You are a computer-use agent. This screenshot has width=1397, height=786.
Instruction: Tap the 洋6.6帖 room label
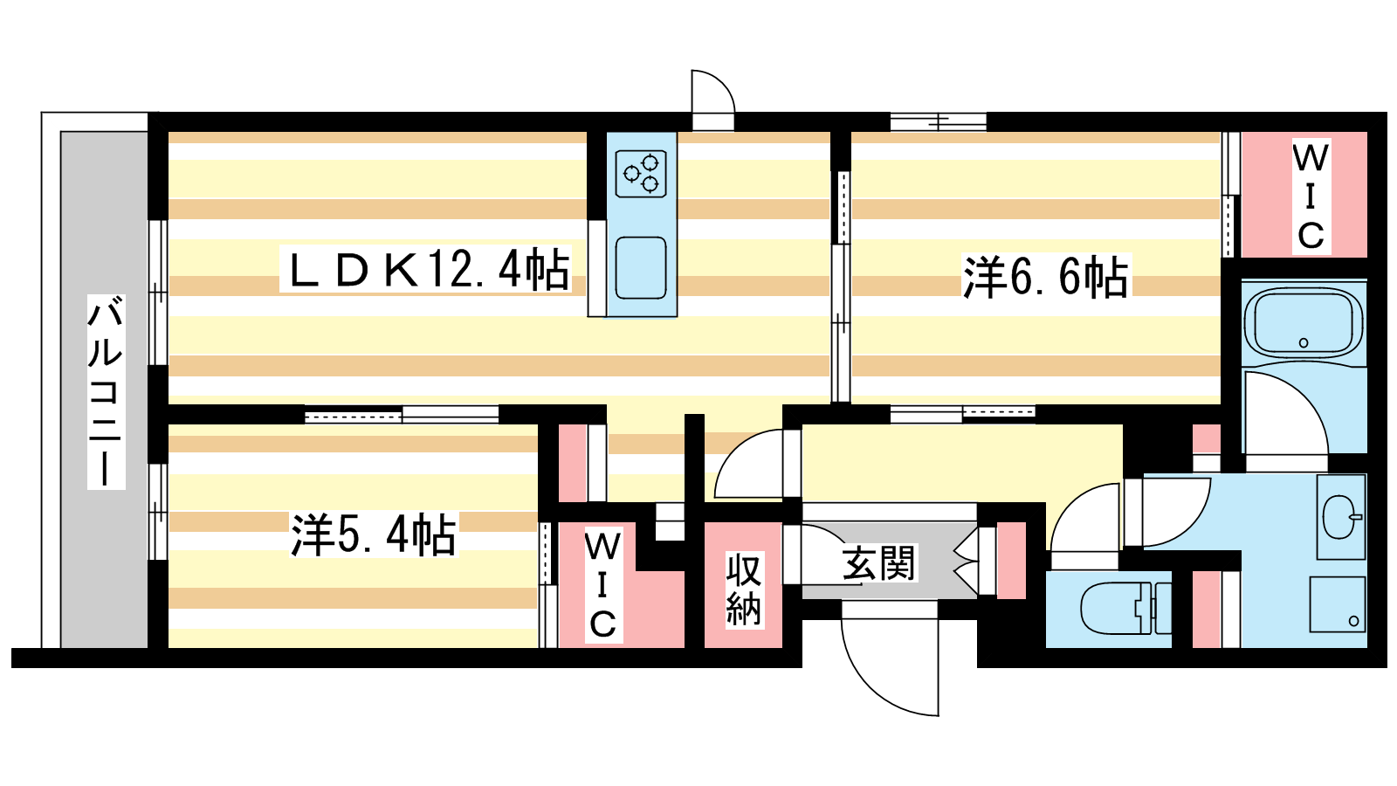click(x=1045, y=277)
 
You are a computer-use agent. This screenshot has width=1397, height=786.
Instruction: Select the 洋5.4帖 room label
click(x=374, y=534)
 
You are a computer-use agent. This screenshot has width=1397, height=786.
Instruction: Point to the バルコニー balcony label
click(x=106, y=391)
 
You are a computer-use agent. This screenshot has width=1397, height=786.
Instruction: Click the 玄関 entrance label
click(x=878, y=563)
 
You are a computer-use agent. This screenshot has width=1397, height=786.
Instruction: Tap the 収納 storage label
click(x=744, y=589)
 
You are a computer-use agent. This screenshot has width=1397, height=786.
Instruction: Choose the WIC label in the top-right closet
click(x=1310, y=196)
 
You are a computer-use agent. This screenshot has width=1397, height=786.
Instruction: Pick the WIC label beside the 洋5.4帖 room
click(x=602, y=585)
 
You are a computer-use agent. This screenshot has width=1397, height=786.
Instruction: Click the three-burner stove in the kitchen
click(x=641, y=173)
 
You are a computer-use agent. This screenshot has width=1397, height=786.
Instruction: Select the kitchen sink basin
click(x=641, y=267)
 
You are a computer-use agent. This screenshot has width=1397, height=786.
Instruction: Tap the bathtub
click(x=1303, y=323)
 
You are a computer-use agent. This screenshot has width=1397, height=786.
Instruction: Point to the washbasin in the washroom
click(x=1339, y=517)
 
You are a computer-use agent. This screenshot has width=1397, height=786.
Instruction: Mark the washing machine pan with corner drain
click(x=1337, y=603)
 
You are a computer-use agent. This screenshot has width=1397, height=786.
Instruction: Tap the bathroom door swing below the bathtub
click(x=1283, y=415)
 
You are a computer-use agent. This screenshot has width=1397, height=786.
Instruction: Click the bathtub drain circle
click(x=1304, y=342)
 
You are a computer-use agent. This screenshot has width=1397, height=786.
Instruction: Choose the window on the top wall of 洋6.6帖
click(x=938, y=121)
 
